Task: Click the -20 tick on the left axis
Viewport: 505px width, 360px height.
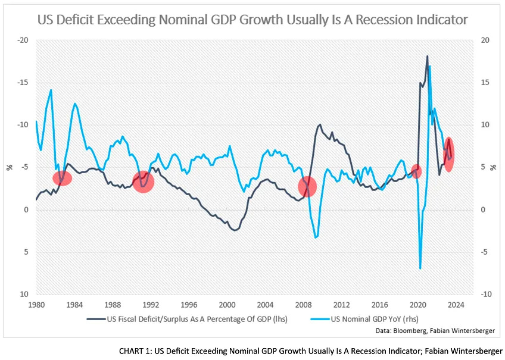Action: (x=23, y=40)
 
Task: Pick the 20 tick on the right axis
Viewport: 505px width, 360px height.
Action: (x=485, y=40)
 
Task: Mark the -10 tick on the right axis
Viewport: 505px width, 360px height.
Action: (x=487, y=295)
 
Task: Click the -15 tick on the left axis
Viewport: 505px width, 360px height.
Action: (x=23, y=83)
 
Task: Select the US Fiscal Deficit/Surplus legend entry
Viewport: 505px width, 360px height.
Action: (x=188, y=319)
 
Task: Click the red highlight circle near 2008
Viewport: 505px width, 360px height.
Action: (x=307, y=187)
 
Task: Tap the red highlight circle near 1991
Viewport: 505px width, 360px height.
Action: (x=143, y=181)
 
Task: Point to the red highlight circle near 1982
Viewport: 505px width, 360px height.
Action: (x=63, y=177)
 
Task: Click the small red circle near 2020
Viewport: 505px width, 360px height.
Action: (x=416, y=171)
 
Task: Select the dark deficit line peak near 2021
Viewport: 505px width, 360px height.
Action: (x=427, y=57)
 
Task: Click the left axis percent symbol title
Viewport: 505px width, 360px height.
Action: (x=9, y=167)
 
